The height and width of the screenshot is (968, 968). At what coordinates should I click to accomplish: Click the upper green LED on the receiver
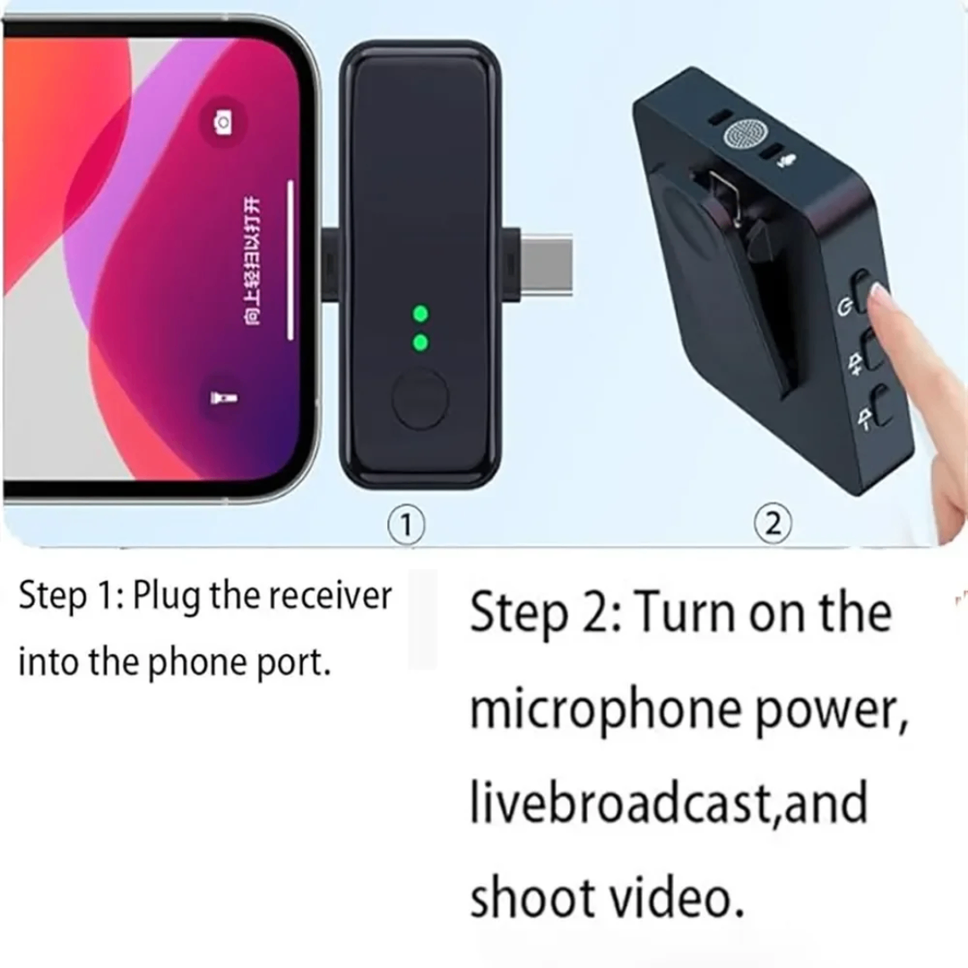419,314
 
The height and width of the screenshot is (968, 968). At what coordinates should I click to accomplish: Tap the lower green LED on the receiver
419,341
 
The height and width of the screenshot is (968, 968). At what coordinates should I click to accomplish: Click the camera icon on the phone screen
222,121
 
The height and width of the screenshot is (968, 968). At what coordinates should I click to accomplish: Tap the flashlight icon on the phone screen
219,397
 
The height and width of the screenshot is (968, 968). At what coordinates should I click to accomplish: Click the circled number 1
406,524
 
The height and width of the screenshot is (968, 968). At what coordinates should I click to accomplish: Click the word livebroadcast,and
669,803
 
